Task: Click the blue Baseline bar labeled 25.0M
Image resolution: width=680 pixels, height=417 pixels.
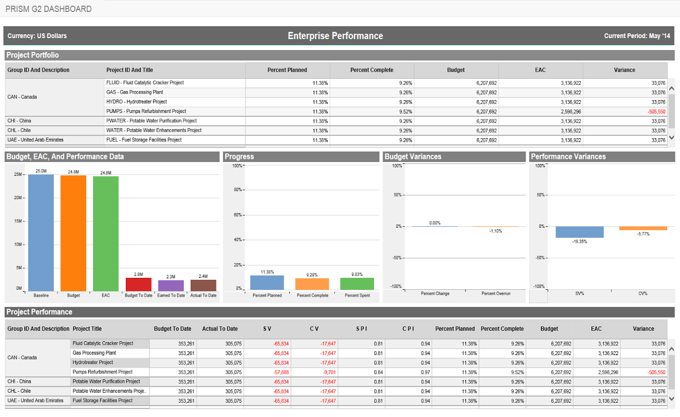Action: tap(41, 232)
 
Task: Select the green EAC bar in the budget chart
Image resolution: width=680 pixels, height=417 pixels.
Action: tap(105, 233)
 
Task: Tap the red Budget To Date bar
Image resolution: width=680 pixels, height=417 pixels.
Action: tap(138, 284)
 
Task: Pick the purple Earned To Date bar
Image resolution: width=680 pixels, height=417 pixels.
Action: tap(171, 285)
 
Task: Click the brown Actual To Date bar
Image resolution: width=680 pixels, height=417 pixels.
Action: tap(204, 285)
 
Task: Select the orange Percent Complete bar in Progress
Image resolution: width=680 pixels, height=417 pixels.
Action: tap(312, 284)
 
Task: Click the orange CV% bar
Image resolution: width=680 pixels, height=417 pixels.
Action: tap(643, 228)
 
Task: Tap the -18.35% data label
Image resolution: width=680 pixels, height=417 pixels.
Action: tap(579, 242)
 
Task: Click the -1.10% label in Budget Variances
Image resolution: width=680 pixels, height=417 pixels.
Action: tap(495, 231)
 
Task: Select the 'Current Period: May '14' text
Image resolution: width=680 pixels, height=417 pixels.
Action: tap(637, 36)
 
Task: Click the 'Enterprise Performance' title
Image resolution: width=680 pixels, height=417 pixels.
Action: tap(335, 36)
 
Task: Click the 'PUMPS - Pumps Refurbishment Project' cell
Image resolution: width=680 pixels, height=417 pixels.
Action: tap(146, 111)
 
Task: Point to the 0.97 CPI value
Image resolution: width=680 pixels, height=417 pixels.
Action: tap(425, 372)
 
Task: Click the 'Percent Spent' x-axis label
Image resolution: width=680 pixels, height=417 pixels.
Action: tap(357, 296)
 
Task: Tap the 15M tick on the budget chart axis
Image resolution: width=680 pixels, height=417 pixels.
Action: tap(17, 221)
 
